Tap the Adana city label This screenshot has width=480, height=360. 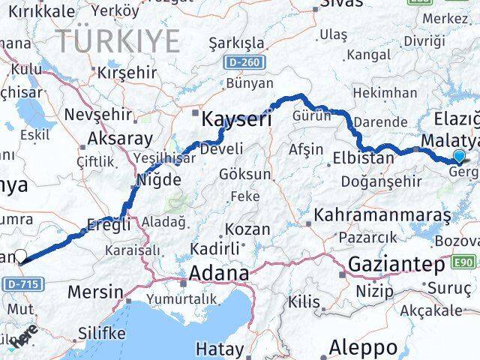(x=218, y=274)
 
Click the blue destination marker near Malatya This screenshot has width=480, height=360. (x=459, y=156)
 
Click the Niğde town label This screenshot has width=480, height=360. (x=157, y=180)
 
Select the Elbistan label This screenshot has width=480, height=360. (x=363, y=158)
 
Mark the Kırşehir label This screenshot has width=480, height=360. (x=126, y=73)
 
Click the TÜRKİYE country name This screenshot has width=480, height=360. (x=118, y=40)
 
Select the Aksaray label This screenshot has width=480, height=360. (x=120, y=139)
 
